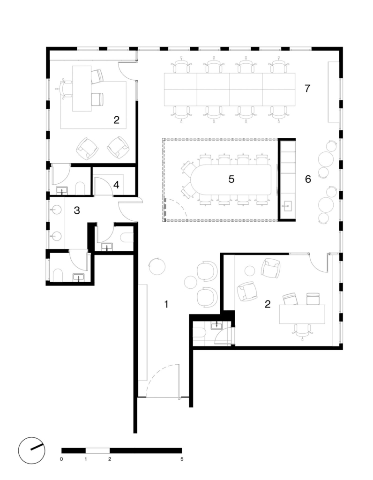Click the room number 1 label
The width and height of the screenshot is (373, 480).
click(166, 304)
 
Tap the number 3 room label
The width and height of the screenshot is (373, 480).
click(77, 210)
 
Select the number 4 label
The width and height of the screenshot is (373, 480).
click(116, 185)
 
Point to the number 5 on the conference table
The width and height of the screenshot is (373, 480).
click(231, 179)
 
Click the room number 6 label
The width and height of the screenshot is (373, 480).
click(308, 179)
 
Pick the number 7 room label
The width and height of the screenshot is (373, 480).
click(307, 89)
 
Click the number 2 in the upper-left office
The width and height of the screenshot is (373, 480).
click(116, 120)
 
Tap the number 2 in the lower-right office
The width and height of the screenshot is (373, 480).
click(268, 304)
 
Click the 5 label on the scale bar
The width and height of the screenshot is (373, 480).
click(182, 459)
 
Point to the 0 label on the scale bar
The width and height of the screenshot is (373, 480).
click(61, 459)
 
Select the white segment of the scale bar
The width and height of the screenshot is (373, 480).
click(97, 450)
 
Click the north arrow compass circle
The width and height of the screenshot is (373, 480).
click(31, 450)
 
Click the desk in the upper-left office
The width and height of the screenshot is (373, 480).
click(82, 89)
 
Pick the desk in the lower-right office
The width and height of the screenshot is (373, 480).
click(302, 314)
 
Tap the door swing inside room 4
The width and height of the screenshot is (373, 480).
click(103, 186)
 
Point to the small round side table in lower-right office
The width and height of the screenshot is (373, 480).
click(250, 270)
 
